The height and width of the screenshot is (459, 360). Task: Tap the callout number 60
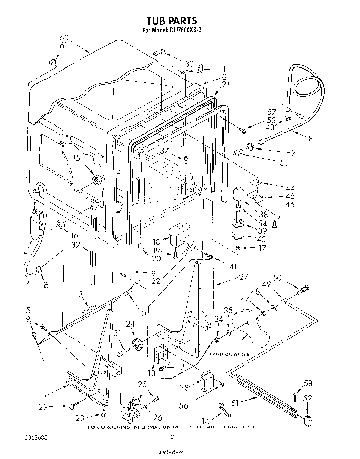[x=64, y=38]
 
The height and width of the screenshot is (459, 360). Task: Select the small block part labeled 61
[x=52, y=63]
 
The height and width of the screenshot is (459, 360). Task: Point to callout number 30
[x=189, y=64]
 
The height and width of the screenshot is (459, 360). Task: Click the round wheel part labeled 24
[x=137, y=345]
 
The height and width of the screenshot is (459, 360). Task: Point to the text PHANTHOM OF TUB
[x=228, y=354]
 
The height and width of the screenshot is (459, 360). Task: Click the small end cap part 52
[x=308, y=420]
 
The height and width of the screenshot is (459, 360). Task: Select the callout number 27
[x=244, y=277]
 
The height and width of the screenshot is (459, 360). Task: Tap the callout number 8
[x=311, y=138]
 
